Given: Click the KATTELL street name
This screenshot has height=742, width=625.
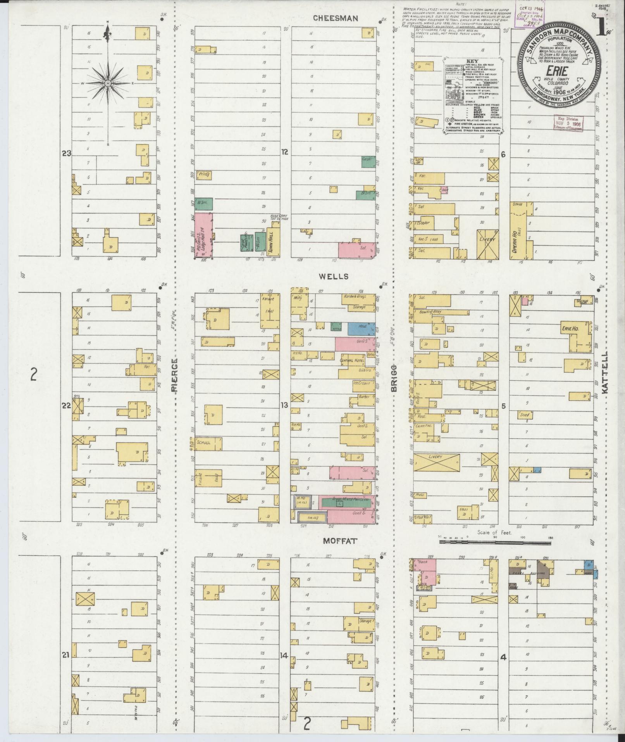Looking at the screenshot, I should click(605, 373).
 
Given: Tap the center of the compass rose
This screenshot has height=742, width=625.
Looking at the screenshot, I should click(108, 83).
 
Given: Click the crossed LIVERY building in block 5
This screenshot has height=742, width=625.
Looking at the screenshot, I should click(436, 462).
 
